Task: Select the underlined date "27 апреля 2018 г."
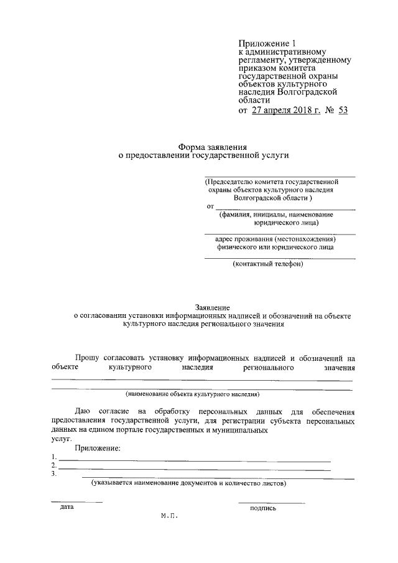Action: click(287, 111)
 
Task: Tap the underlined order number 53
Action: click(343, 111)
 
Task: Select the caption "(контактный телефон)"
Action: click(267, 264)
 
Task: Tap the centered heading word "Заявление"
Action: click(213, 308)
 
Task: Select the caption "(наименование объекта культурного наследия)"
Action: click(192, 394)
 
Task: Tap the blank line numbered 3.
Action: click(205, 478)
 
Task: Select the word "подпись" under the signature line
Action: click(263, 508)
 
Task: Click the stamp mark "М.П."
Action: click(169, 516)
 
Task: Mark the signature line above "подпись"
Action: click(271, 501)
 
